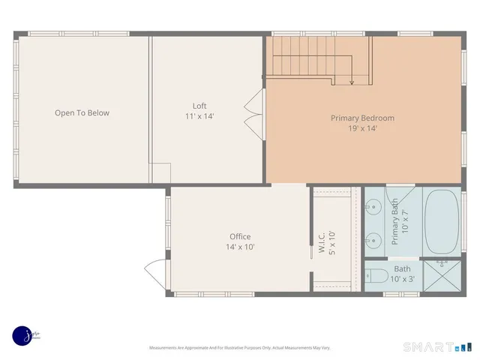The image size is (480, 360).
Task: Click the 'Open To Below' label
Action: (x=82, y=113)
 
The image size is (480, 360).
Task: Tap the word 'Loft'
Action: (x=199, y=106)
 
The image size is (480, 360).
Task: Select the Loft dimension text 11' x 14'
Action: (x=199, y=116)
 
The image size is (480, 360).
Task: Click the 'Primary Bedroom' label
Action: (x=362, y=118)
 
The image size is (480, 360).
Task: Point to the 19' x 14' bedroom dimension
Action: (x=362, y=128)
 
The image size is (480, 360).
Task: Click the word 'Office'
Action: (x=240, y=236)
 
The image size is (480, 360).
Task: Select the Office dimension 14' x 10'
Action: (x=240, y=247)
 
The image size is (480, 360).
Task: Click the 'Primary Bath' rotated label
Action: (x=394, y=221)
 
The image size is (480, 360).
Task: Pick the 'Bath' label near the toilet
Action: (x=403, y=268)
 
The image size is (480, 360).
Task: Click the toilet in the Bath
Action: (x=376, y=276)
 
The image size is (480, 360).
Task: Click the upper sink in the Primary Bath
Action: (x=373, y=204)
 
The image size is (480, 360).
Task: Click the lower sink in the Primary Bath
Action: (x=373, y=240)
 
